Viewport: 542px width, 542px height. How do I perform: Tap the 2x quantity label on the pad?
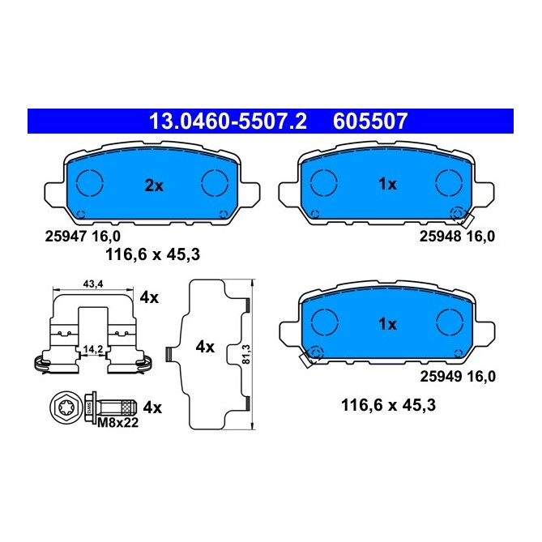154,186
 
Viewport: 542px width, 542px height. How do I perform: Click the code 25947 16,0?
82,237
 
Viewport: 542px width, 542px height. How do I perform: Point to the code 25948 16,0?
456,237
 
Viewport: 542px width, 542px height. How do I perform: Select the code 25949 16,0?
456,376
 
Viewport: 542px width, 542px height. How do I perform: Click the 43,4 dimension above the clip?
93,284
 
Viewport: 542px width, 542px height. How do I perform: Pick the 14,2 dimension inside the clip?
93,349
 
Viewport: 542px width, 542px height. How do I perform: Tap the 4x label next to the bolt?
152,407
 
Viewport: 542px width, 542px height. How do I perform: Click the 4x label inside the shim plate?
205,348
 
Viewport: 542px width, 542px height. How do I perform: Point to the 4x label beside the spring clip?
148,298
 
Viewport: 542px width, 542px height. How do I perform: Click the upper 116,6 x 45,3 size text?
152,254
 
